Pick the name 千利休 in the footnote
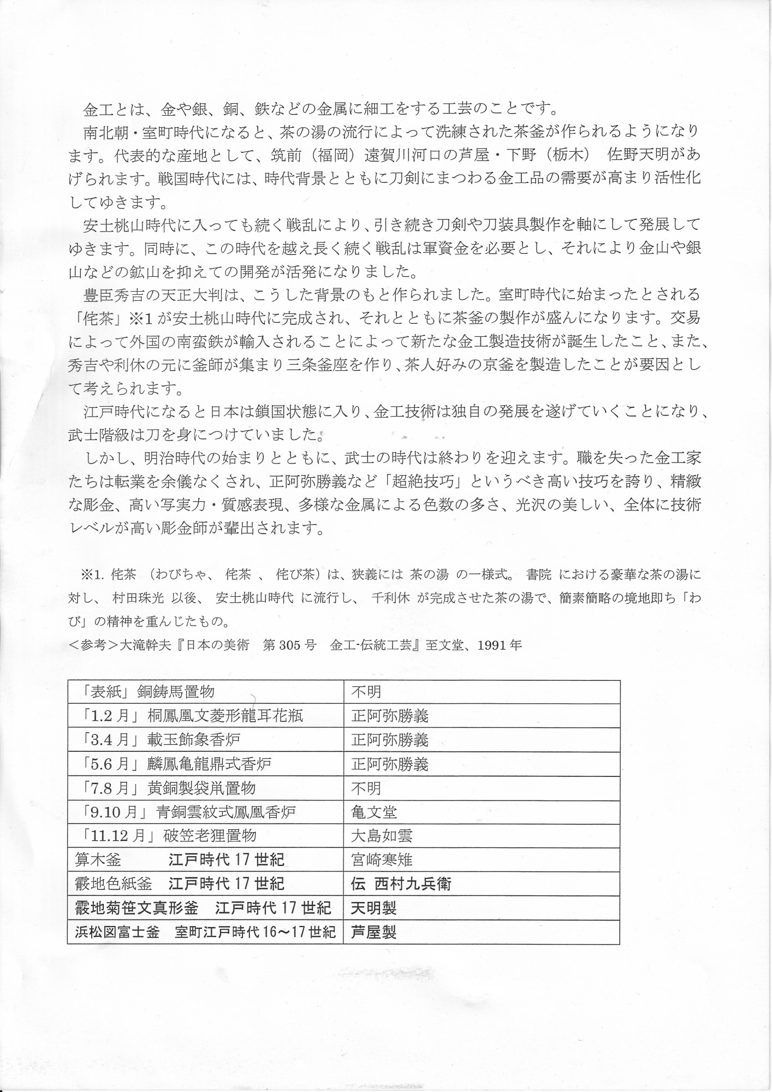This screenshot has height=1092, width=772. (390, 597)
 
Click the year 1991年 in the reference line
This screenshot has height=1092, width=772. (500, 645)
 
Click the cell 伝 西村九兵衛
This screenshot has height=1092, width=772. (401, 884)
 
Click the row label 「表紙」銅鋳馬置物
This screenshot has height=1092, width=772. (145, 692)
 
